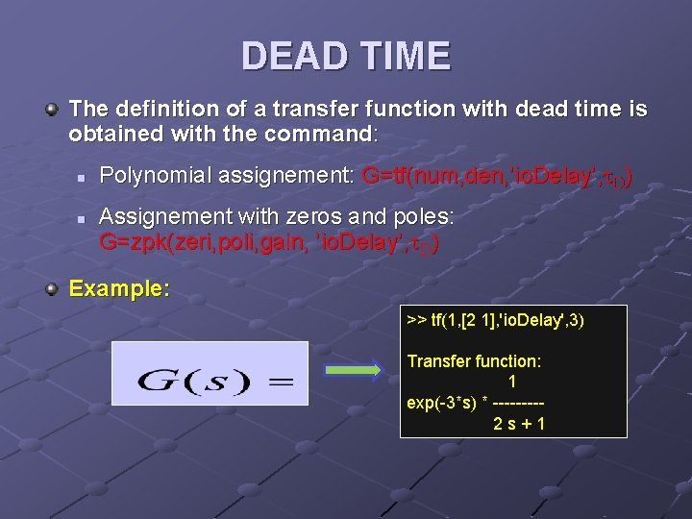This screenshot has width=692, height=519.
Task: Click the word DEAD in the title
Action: pos(292,56)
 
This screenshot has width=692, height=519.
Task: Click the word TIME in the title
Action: pos(399,56)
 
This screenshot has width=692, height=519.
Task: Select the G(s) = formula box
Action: pos(210,373)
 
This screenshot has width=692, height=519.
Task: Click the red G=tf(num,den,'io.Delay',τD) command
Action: pos(496,176)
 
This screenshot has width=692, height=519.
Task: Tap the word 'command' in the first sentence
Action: pos(321,133)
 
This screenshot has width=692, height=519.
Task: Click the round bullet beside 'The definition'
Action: pos(54,110)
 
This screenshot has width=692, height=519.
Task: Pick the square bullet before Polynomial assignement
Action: pos(83,178)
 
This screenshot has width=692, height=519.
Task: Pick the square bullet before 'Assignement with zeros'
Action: pos(83,219)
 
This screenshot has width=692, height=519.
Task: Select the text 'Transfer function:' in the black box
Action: pos(474,361)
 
